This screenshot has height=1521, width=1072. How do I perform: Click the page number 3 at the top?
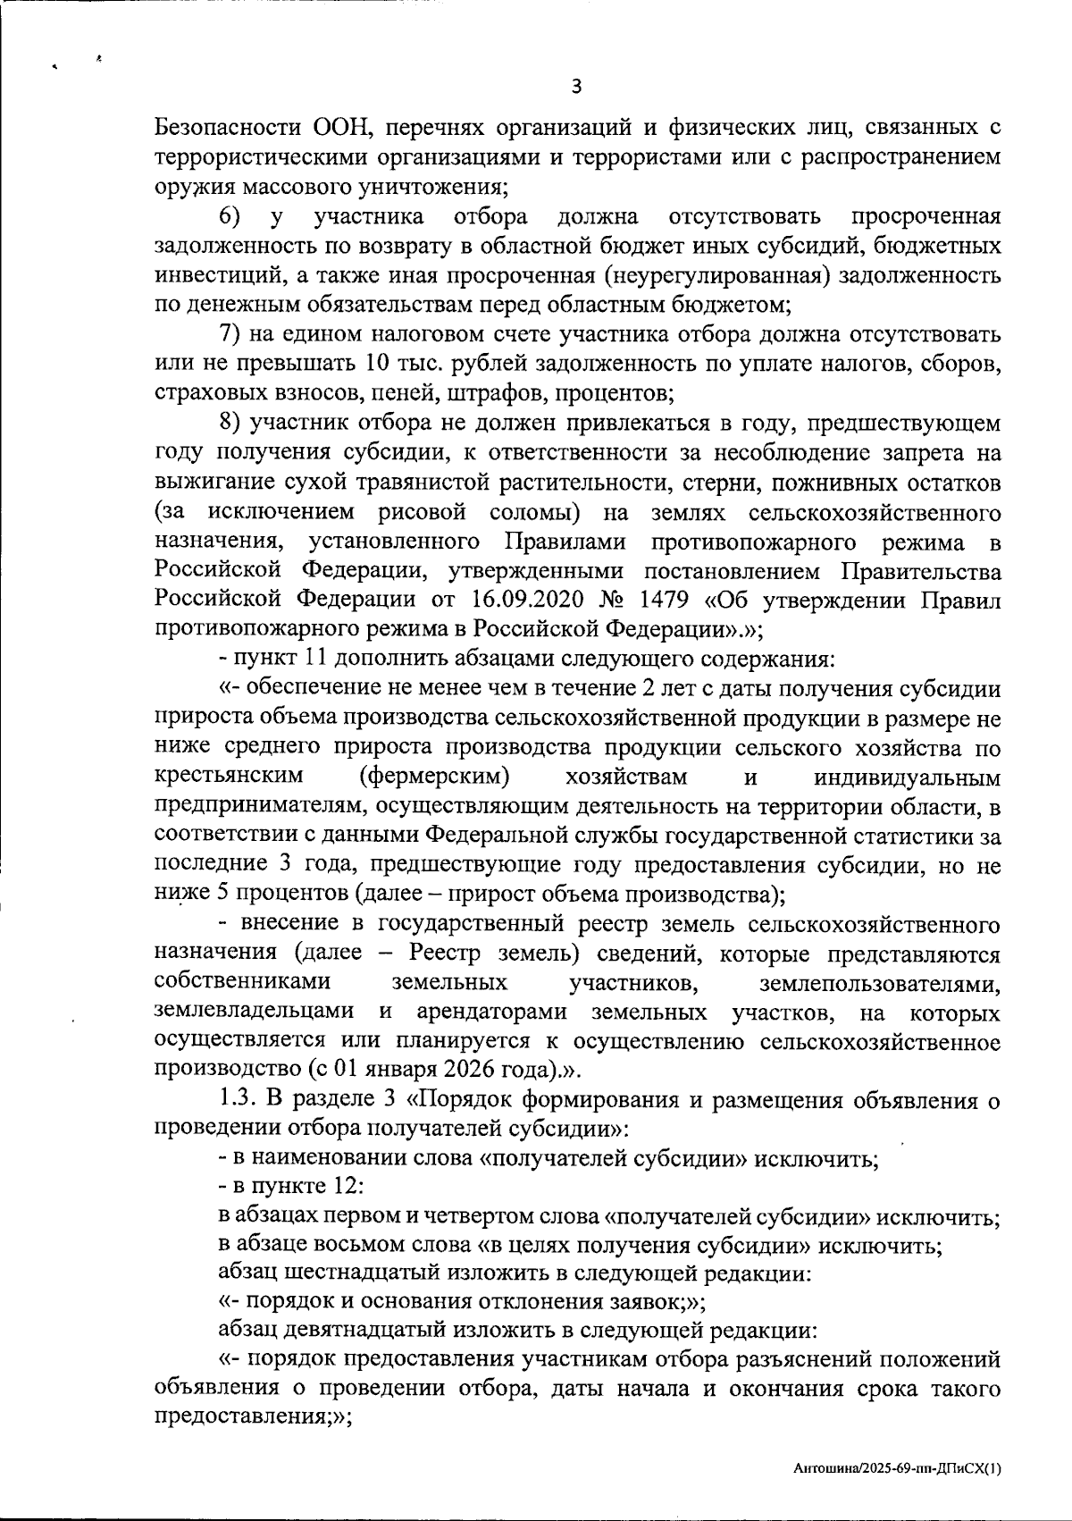click(x=576, y=87)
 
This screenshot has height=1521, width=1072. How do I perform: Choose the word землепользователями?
click(x=879, y=983)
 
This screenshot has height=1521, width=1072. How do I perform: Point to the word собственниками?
click(x=242, y=983)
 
